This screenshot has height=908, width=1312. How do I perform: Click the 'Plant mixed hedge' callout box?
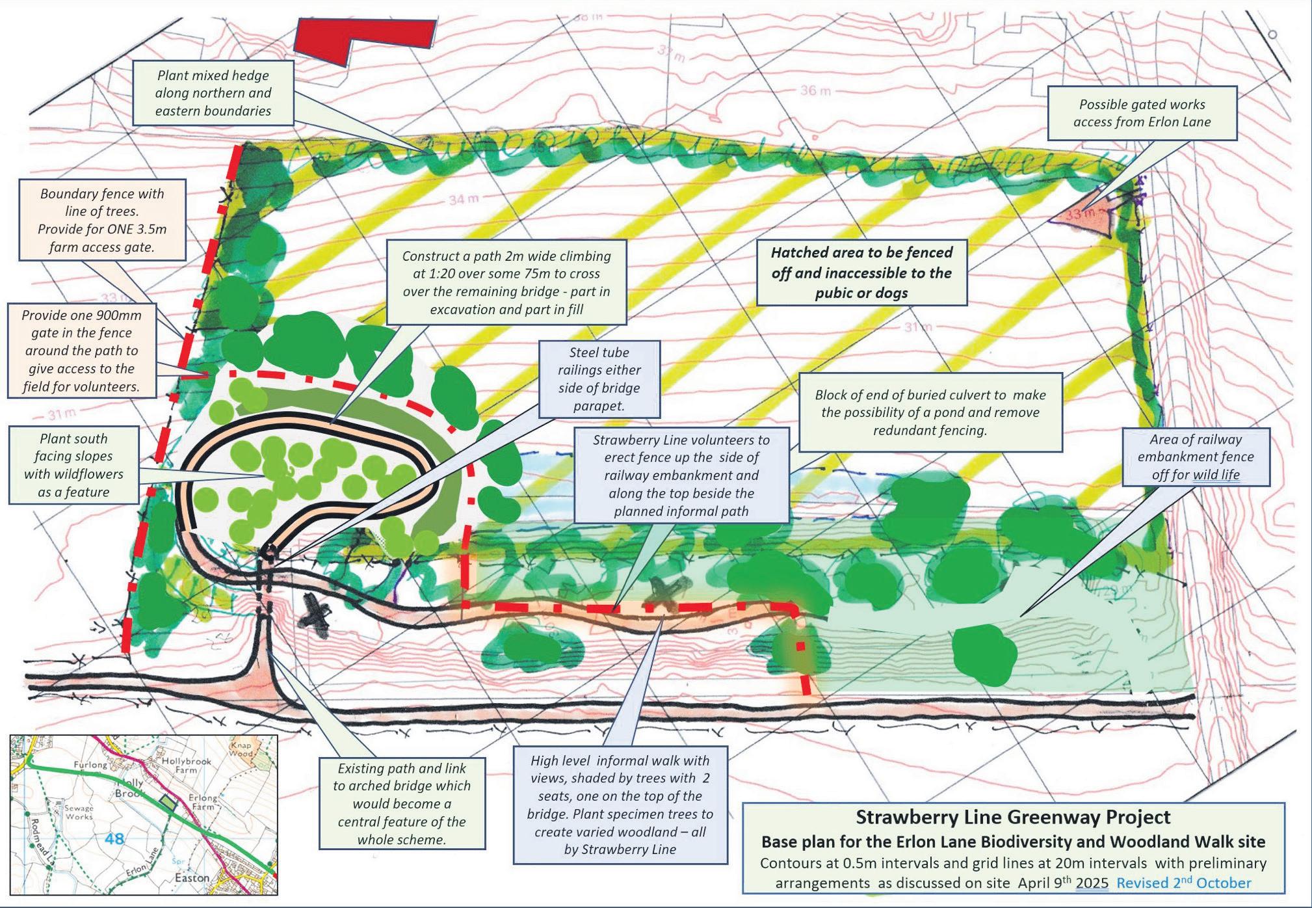213,93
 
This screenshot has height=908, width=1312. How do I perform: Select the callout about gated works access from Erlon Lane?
1142,113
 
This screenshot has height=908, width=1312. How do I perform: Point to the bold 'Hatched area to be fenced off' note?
861,273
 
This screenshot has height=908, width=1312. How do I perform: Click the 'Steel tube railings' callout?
599,379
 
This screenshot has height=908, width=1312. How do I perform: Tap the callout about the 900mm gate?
81,351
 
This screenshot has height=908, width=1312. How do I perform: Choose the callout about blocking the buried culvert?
930,412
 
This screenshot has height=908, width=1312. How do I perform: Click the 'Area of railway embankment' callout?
1195,457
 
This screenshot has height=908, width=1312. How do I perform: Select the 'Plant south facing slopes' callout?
73,465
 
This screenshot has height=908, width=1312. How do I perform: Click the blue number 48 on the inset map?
114,838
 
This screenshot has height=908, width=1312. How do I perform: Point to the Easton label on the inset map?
192,878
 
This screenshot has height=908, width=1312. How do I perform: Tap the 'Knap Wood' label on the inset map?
241,749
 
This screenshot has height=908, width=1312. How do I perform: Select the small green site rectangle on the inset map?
168,803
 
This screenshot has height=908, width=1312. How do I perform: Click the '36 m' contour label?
815,90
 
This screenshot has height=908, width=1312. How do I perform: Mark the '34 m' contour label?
464,200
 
